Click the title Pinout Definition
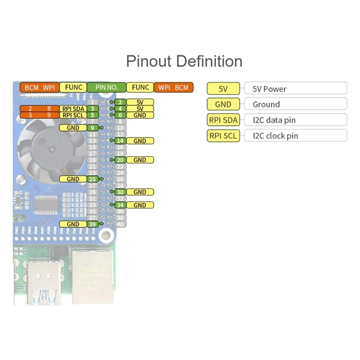[184, 61]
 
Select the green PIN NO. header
[107, 87]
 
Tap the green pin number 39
[92, 224]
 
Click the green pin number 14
[120, 141]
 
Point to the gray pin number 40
[120, 224]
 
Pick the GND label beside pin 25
[73, 179]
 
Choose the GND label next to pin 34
[140, 205]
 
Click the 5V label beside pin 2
[140, 102]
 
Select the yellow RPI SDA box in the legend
[223, 120]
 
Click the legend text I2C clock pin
[275, 136]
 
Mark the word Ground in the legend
[266, 104]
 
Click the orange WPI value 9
[49, 115]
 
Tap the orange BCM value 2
[30, 108]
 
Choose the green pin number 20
[120, 160]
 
